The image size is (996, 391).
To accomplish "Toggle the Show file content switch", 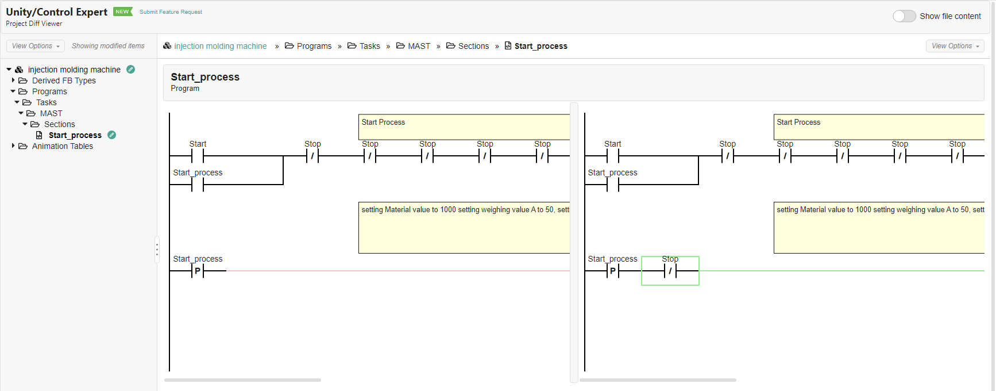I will click(904, 16).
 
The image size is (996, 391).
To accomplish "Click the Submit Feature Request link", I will click(171, 12).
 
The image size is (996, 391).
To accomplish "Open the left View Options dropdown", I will click(36, 46).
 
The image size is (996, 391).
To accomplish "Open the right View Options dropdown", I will click(955, 46).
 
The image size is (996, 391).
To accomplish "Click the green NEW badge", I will click(122, 11).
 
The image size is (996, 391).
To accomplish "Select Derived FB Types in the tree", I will click(64, 80).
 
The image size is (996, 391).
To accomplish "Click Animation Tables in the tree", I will click(62, 146).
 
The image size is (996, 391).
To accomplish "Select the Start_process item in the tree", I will click(75, 135).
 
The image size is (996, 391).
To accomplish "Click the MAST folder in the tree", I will click(51, 113).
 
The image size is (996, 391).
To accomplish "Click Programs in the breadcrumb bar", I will click(314, 46).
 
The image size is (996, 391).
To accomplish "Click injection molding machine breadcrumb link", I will click(220, 46).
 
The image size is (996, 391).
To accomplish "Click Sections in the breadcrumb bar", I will click(473, 46).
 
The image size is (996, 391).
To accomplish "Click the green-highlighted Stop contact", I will click(670, 271).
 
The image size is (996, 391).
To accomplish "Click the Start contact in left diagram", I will click(198, 156).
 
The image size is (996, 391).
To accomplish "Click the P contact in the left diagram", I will click(198, 271).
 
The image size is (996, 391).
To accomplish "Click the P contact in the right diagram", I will click(613, 271).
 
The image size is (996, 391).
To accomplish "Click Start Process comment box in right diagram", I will click(879, 127).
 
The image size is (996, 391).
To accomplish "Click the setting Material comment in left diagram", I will click(464, 228).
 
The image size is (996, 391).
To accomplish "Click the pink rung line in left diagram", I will click(396, 271).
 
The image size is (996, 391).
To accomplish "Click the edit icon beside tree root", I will click(131, 70).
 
